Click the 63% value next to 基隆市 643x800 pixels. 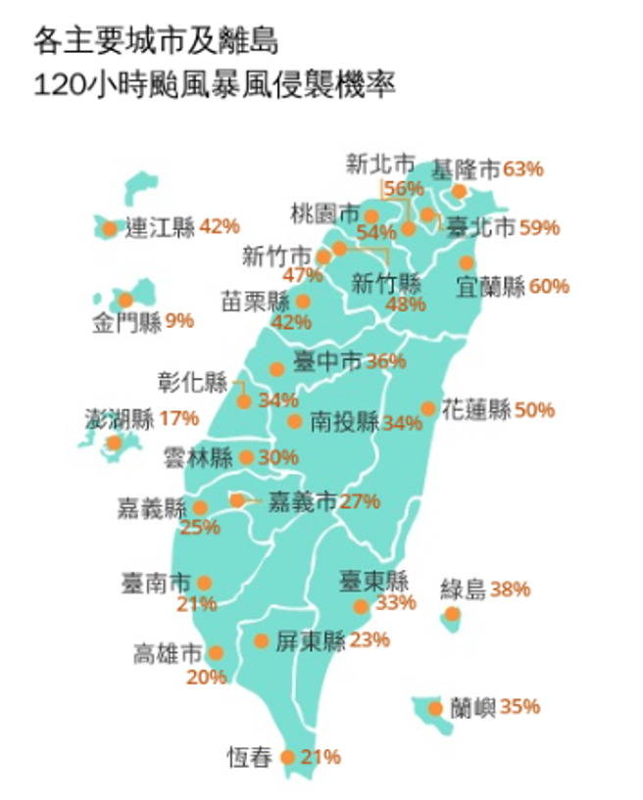click(x=522, y=168)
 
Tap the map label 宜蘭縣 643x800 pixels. click(x=491, y=286)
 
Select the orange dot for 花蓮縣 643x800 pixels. click(x=428, y=408)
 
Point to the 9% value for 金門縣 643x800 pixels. click(x=180, y=320)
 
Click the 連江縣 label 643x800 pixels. click(x=161, y=228)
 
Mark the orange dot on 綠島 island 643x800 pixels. click(x=452, y=615)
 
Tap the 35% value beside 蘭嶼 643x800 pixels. click(x=519, y=706)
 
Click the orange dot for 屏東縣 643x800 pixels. click(x=262, y=641)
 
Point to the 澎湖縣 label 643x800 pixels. click(x=119, y=418)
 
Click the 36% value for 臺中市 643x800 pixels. click(x=385, y=361)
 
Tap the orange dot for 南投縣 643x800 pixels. click(x=295, y=422)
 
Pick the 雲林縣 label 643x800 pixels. click(x=197, y=457)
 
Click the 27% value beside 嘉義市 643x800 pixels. click(x=360, y=502)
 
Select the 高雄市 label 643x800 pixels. click(x=167, y=653)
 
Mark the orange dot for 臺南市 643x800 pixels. click(x=204, y=583)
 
